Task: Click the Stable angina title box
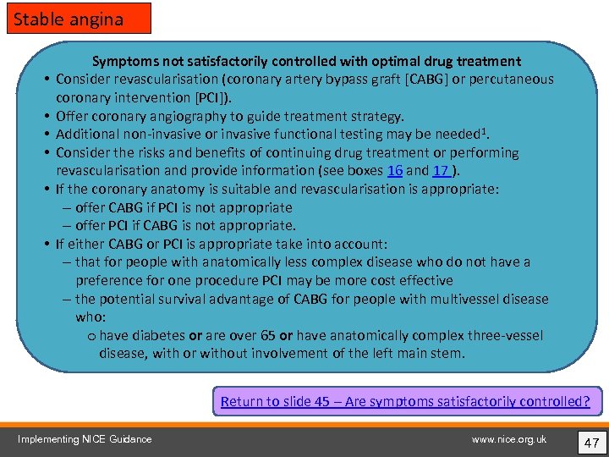(79, 19)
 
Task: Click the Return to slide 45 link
(405, 401)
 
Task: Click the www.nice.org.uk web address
(509, 439)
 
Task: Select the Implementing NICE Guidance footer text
(85, 439)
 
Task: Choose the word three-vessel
(505, 336)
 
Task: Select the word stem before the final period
(446, 354)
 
